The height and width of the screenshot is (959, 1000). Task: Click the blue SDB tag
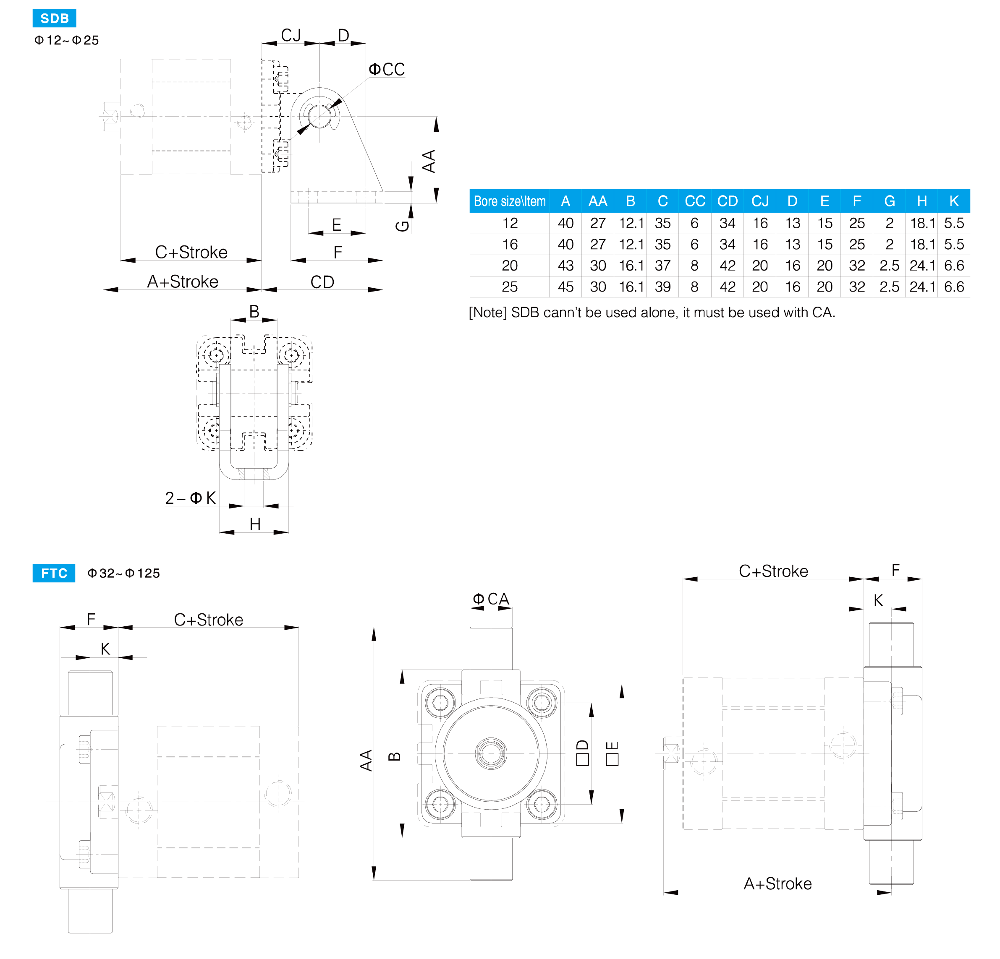54,18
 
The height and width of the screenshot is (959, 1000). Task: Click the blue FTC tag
54,573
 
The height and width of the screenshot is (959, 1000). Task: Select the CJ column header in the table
760,201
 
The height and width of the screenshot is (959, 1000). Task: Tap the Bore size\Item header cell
509,201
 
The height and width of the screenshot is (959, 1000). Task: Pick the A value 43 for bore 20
565,266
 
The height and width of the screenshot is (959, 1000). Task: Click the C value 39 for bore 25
662,287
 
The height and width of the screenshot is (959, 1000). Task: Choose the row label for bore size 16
510,245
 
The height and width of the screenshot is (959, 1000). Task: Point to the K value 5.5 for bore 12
953,223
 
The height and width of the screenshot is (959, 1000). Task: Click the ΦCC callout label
387,69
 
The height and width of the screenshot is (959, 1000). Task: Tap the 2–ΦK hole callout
190,498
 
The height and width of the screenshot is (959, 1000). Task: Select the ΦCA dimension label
491,599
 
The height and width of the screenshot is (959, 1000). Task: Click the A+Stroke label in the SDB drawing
183,281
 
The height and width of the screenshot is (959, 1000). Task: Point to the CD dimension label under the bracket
322,282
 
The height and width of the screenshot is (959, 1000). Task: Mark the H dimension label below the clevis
254,524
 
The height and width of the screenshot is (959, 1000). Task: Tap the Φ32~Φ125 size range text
123,573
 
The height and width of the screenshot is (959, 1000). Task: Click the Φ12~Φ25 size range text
66,40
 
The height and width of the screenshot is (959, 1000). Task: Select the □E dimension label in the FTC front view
612,753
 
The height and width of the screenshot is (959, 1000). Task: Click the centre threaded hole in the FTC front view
491,753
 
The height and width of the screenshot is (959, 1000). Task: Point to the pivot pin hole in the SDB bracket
319,116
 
